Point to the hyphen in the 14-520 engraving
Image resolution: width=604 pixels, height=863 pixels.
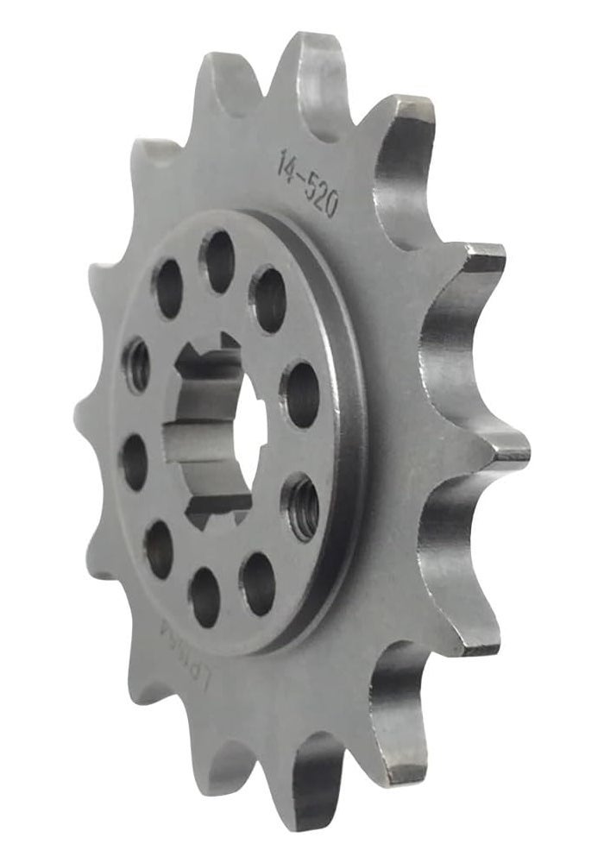tap(301, 173)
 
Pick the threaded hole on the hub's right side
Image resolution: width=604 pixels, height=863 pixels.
tap(302, 507)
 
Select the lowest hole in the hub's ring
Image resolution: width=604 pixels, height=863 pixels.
tap(204, 596)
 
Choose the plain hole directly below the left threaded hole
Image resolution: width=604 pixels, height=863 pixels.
tap(134, 461)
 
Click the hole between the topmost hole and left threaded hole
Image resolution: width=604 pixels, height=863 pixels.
tap(168, 288)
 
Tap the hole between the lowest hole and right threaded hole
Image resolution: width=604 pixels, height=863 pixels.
tap(258, 583)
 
